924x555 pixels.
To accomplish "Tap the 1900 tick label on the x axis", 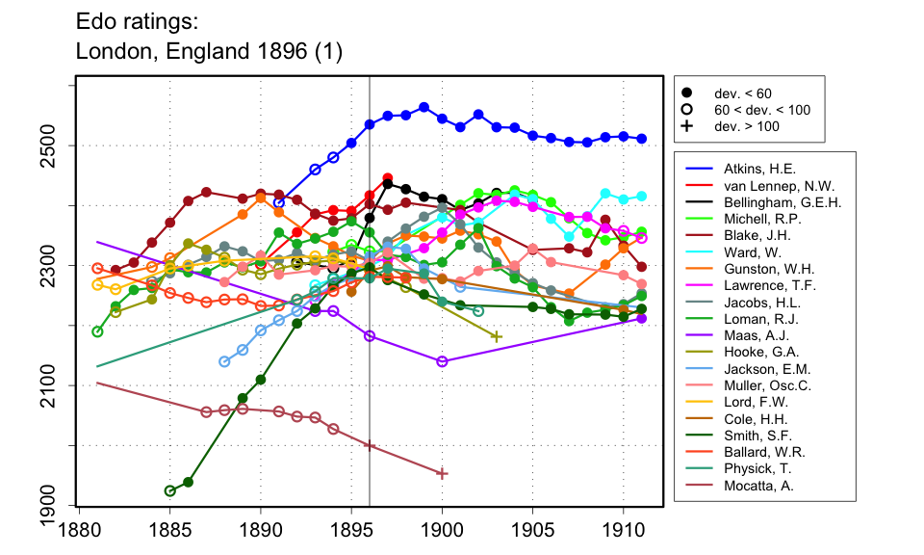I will [x=442, y=529].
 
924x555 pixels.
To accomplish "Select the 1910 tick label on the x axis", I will [x=623, y=529].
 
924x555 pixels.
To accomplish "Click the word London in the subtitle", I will [x=108, y=50].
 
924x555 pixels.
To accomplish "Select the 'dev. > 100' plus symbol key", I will [x=686, y=126].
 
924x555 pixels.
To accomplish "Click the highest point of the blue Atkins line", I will [x=423, y=107].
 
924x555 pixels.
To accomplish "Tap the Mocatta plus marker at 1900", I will [x=442, y=473].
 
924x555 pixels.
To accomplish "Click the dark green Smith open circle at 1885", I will [x=170, y=490].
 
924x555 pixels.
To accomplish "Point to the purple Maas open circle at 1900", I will [x=442, y=361].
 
